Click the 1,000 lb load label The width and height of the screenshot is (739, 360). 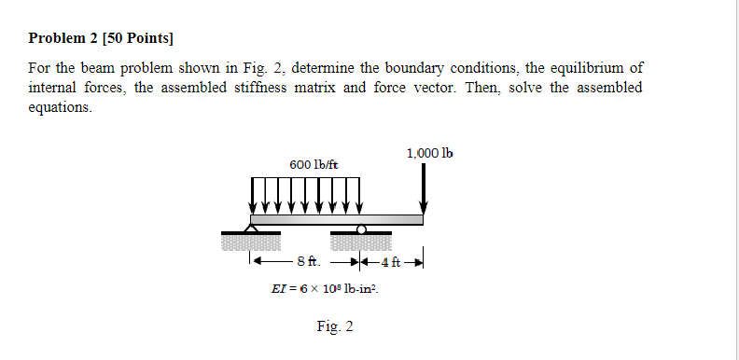point(430,152)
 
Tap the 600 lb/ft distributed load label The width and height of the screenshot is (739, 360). point(314,164)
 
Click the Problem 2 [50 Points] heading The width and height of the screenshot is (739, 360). point(102,39)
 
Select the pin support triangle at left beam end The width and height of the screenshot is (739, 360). point(250,226)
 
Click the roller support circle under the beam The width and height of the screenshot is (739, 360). point(361,228)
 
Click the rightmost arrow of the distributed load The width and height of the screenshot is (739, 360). point(360,196)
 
